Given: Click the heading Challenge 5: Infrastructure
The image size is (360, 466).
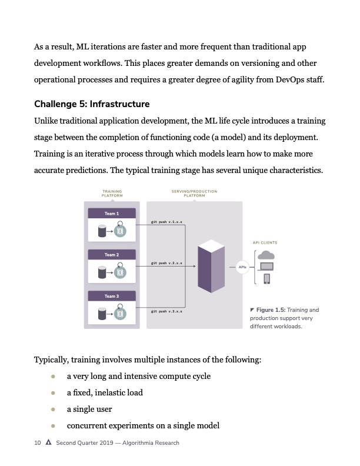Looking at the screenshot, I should pyautogui.click(x=92, y=104).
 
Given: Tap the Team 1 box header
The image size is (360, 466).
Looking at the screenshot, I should pyautogui.click(x=112, y=213).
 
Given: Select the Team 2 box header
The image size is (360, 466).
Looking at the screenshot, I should pyautogui.click(x=112, y=255).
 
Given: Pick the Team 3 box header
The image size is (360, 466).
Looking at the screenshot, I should pyautogui.click(x=112, y=297).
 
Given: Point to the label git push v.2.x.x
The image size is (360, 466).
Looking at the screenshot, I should pyautogui.click(x=166, y=263).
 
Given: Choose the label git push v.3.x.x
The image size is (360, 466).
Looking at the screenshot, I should pyautogui.click(x=166, y=311).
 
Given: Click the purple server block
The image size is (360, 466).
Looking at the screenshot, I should pyautogui.click(x=212, y=266).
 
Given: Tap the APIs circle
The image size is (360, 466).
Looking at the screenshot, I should pyautogui.click(x=242, y=267).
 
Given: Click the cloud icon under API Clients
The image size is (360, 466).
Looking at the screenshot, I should pyautogui.click(x=266, y=255).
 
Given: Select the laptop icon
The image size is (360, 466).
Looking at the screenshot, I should pyautogui.click(x=266, y=267).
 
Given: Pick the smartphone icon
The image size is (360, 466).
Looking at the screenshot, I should pyautogui.click(x=266, y=279).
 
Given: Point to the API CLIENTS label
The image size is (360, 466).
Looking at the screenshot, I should pyautogui.click(x=265, y=242).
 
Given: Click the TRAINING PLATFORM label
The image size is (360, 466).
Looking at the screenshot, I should pyautogui.click(x=112, y=194).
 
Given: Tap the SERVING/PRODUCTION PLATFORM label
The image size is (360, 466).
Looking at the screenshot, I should pyautogui.click(x=194, y=194).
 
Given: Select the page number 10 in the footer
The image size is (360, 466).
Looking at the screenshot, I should pyautogui.click(x=37, y=443).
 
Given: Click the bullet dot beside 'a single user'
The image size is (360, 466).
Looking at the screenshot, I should pyautogui.click(x=53, y=409).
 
